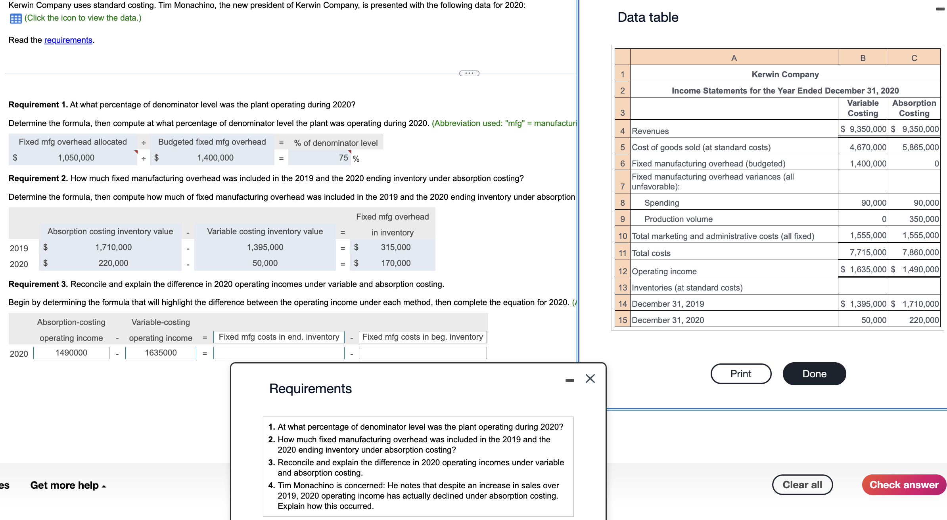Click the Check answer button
tap(903, 485)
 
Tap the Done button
tap(814, 374)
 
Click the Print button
tap(740, 374)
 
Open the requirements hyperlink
tap(68, 40)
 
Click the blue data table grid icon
tap(15, 18)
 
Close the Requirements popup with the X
tap(590, 379)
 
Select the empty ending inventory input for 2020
tap(278, 353)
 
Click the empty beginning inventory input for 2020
tap(422, 353)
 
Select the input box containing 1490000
tap(71, 353)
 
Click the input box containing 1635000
tap(161, 353)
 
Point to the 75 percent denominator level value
tap(343, 158)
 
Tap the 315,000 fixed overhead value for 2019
tap(395, 247)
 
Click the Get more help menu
tap(68, 485)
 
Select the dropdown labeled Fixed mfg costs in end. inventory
tap(278, 337)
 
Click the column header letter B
tap(863, 58)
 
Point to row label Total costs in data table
tap(651, 253)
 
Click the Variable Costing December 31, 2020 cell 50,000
tap(863, 320)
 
